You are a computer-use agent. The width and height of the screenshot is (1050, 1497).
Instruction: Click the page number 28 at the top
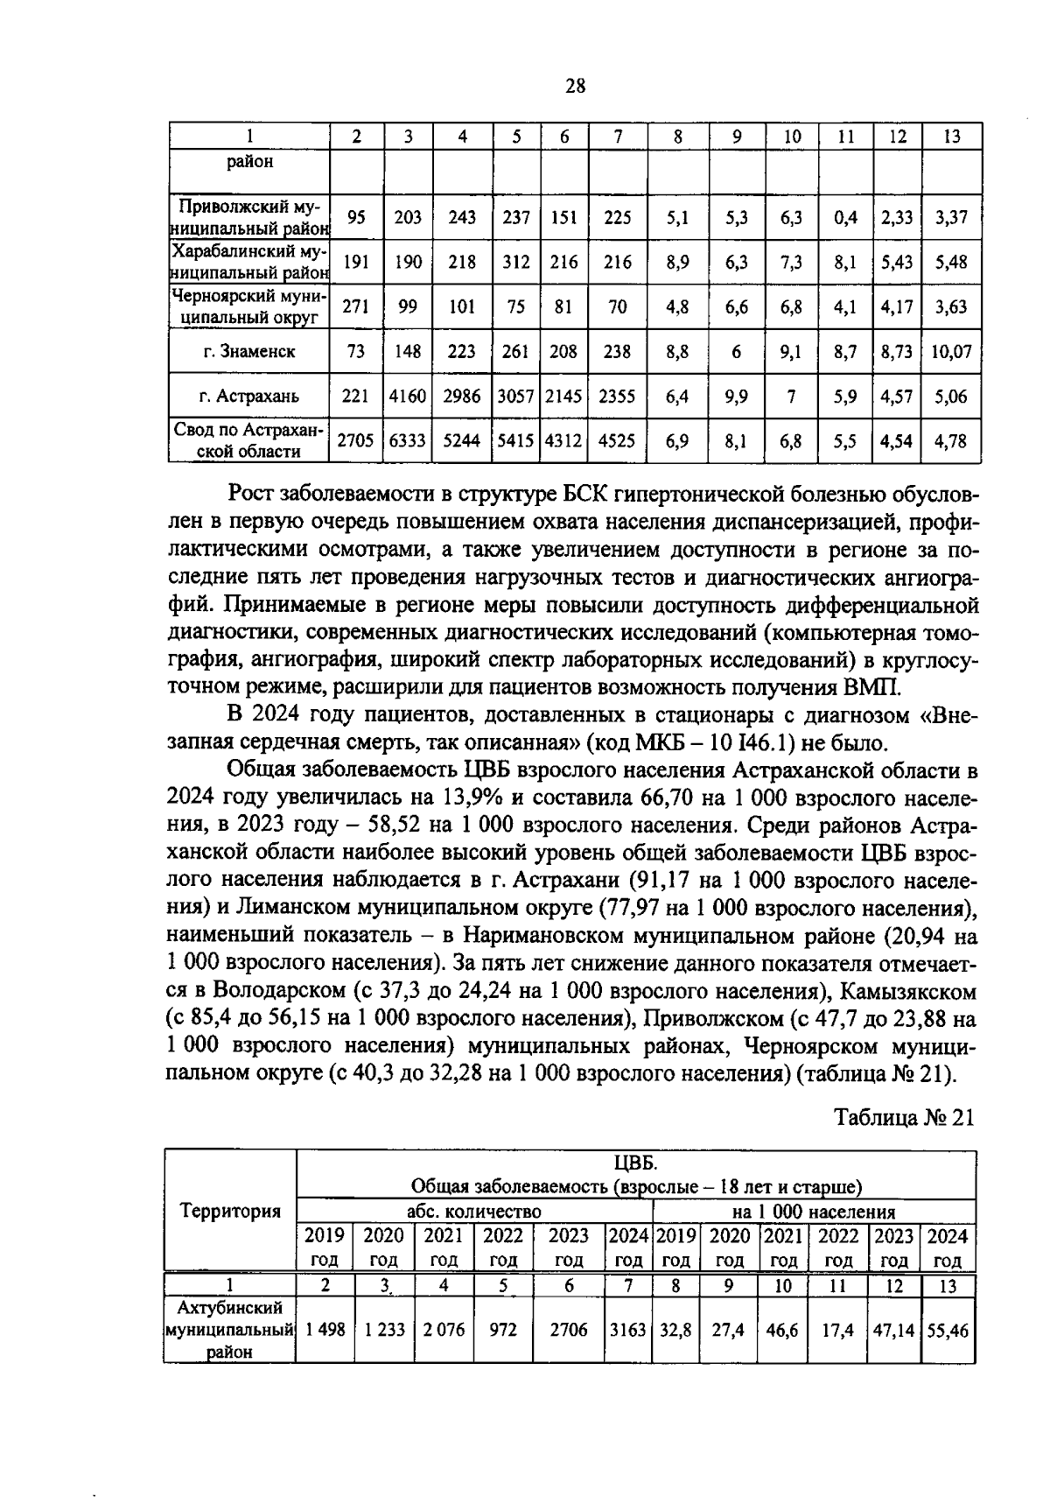click(x=575, y=86)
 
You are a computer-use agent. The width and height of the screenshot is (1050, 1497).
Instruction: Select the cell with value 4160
click(x=408, y=397)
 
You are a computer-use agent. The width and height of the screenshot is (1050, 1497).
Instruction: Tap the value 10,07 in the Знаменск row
click(x=951, y=351)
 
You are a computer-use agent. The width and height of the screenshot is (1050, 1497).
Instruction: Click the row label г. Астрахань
click(x=248, y=397)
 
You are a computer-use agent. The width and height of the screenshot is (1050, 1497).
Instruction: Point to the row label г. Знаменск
click(x=248, y=351)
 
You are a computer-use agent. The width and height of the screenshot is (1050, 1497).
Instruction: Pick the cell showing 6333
click(x=408, y=441)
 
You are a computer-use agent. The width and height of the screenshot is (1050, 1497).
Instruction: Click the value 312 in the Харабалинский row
click(x=516, y=262)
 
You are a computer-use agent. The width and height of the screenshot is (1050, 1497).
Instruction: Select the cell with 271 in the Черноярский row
click(x=355, y=306)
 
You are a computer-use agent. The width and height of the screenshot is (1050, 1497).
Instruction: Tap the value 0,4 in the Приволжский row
click(x=845, y=217)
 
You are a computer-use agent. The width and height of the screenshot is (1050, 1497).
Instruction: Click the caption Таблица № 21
click(x=904, y=1118)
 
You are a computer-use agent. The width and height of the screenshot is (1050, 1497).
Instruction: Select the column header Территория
click(x=230, y=1211)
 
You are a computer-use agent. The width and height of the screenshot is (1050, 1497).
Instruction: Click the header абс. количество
click(x=474, y=1212)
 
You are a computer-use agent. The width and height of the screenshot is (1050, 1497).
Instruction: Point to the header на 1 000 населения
click(x=814, y=1212)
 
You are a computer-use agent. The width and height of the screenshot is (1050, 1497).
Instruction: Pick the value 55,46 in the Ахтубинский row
click(x=948, y=1330)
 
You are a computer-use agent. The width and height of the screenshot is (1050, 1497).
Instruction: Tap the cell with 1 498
click(x=325, y=1330)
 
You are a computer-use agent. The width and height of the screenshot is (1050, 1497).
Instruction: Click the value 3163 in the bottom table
click(x=627, y=1330)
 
